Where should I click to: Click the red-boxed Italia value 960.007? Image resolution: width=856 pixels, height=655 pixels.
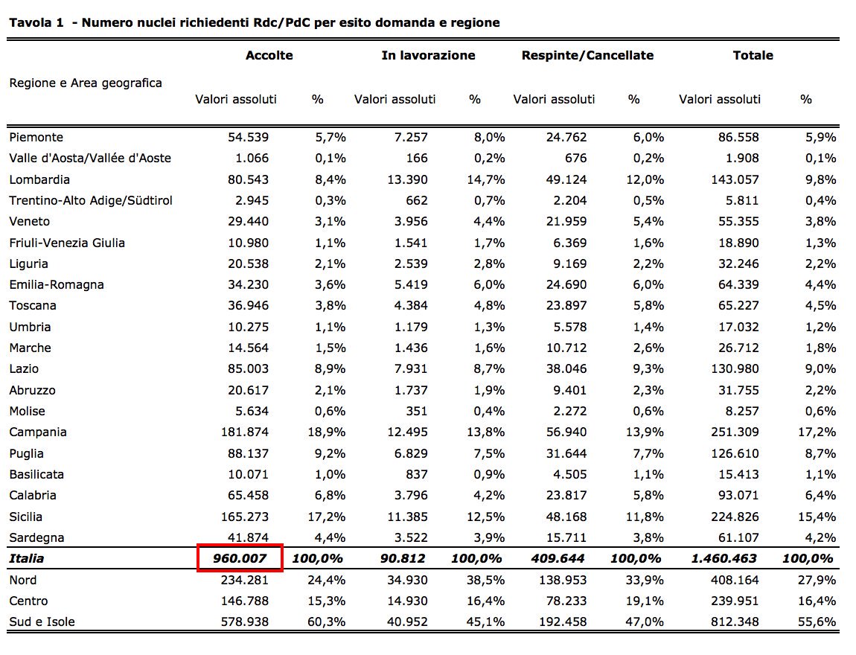(240, 558)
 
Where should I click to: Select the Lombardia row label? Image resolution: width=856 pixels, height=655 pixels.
(39, 179)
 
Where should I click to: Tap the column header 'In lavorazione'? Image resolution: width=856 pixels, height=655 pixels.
(428, 55)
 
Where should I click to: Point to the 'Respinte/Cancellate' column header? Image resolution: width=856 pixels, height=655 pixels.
(587, 55)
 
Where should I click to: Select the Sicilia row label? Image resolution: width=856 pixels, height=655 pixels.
(26, 517)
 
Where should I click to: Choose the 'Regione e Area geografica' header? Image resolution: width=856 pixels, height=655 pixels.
(86, 83)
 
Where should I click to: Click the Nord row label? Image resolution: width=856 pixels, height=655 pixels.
(23, 580)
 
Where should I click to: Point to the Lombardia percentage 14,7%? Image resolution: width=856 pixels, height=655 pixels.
(487, 179)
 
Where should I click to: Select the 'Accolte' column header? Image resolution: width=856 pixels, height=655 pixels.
(269, 55)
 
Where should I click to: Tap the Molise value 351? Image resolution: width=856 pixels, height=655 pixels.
(417, 411)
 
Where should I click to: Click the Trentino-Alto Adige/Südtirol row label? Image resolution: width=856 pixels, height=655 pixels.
(91, 200)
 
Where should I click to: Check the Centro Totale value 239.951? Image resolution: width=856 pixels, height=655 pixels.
(735, 601)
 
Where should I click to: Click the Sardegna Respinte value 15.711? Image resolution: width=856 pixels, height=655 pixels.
(566, 537)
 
